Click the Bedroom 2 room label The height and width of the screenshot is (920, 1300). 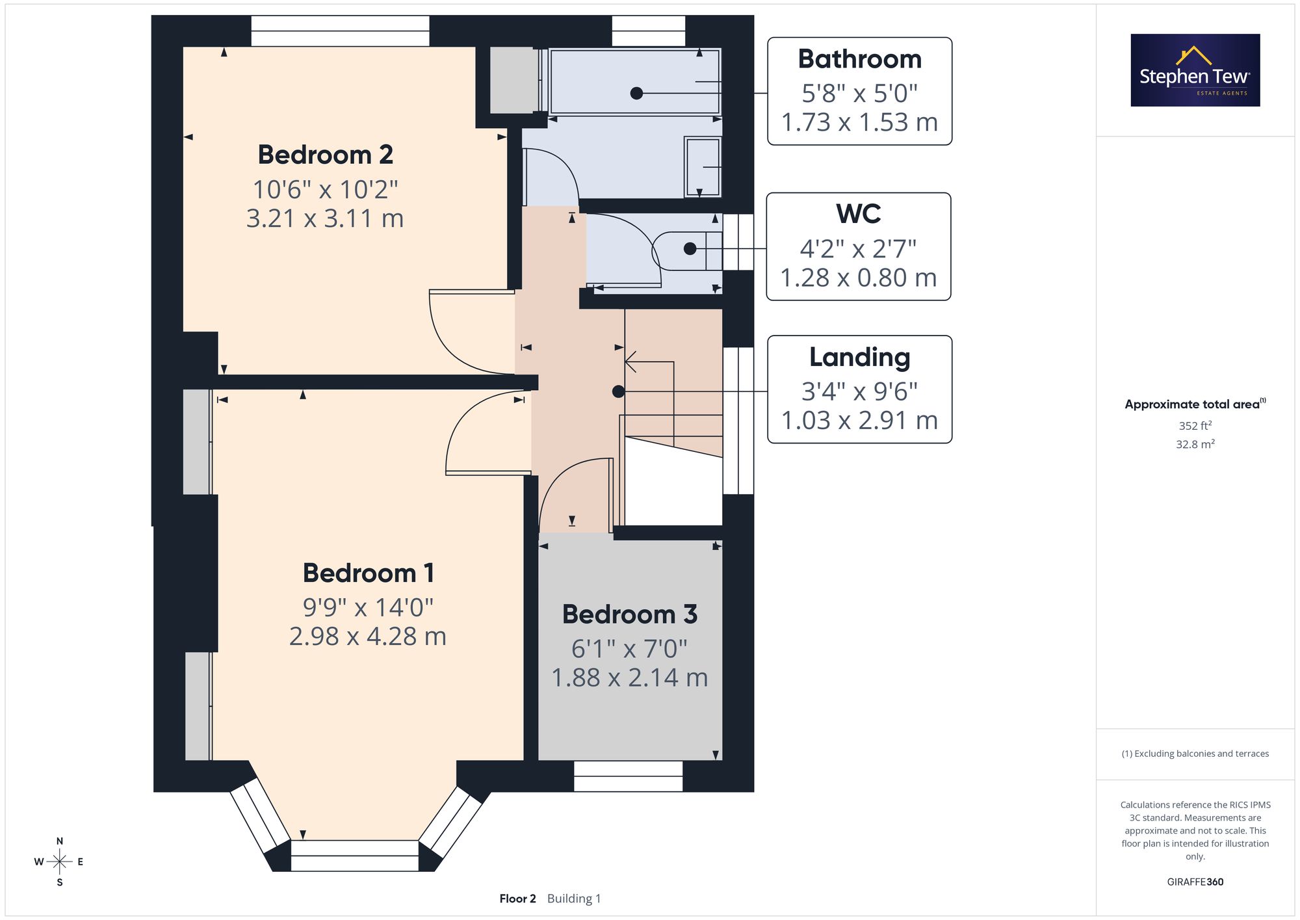[x=325, y=155]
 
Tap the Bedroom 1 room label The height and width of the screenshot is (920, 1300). [x=368, y=573]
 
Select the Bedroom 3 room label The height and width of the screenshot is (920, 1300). [x=629, y=614]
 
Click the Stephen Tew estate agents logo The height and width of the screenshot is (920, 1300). [x=1195, y=70]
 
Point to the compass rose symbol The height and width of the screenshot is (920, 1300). [x=59, y=862]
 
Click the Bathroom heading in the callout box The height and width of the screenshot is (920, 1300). [x=859, y=59]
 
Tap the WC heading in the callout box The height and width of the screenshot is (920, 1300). [x=858, y=214]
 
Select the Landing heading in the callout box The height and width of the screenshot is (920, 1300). [x=859, y=357]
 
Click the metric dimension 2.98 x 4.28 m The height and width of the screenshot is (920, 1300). [x=368, y=636]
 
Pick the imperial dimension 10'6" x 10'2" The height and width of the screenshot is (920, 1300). [x=325, y=189]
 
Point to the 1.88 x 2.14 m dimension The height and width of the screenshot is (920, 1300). [x=629, y=677]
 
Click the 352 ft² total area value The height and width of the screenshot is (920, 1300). [x=1195, y=426]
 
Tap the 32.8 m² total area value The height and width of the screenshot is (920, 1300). [x=1195, y=444]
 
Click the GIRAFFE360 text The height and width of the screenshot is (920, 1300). [x=1195, y=882]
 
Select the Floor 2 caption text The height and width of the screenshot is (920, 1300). [x=517, y=899]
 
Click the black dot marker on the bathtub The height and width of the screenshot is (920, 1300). [x=636, y=94]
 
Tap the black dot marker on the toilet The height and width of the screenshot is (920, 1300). [x=690, y=248]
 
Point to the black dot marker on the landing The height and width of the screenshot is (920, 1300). [x=619, y=391]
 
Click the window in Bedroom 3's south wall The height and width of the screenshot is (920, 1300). [x=629, y=776]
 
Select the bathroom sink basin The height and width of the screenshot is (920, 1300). [x=703, y=167]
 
